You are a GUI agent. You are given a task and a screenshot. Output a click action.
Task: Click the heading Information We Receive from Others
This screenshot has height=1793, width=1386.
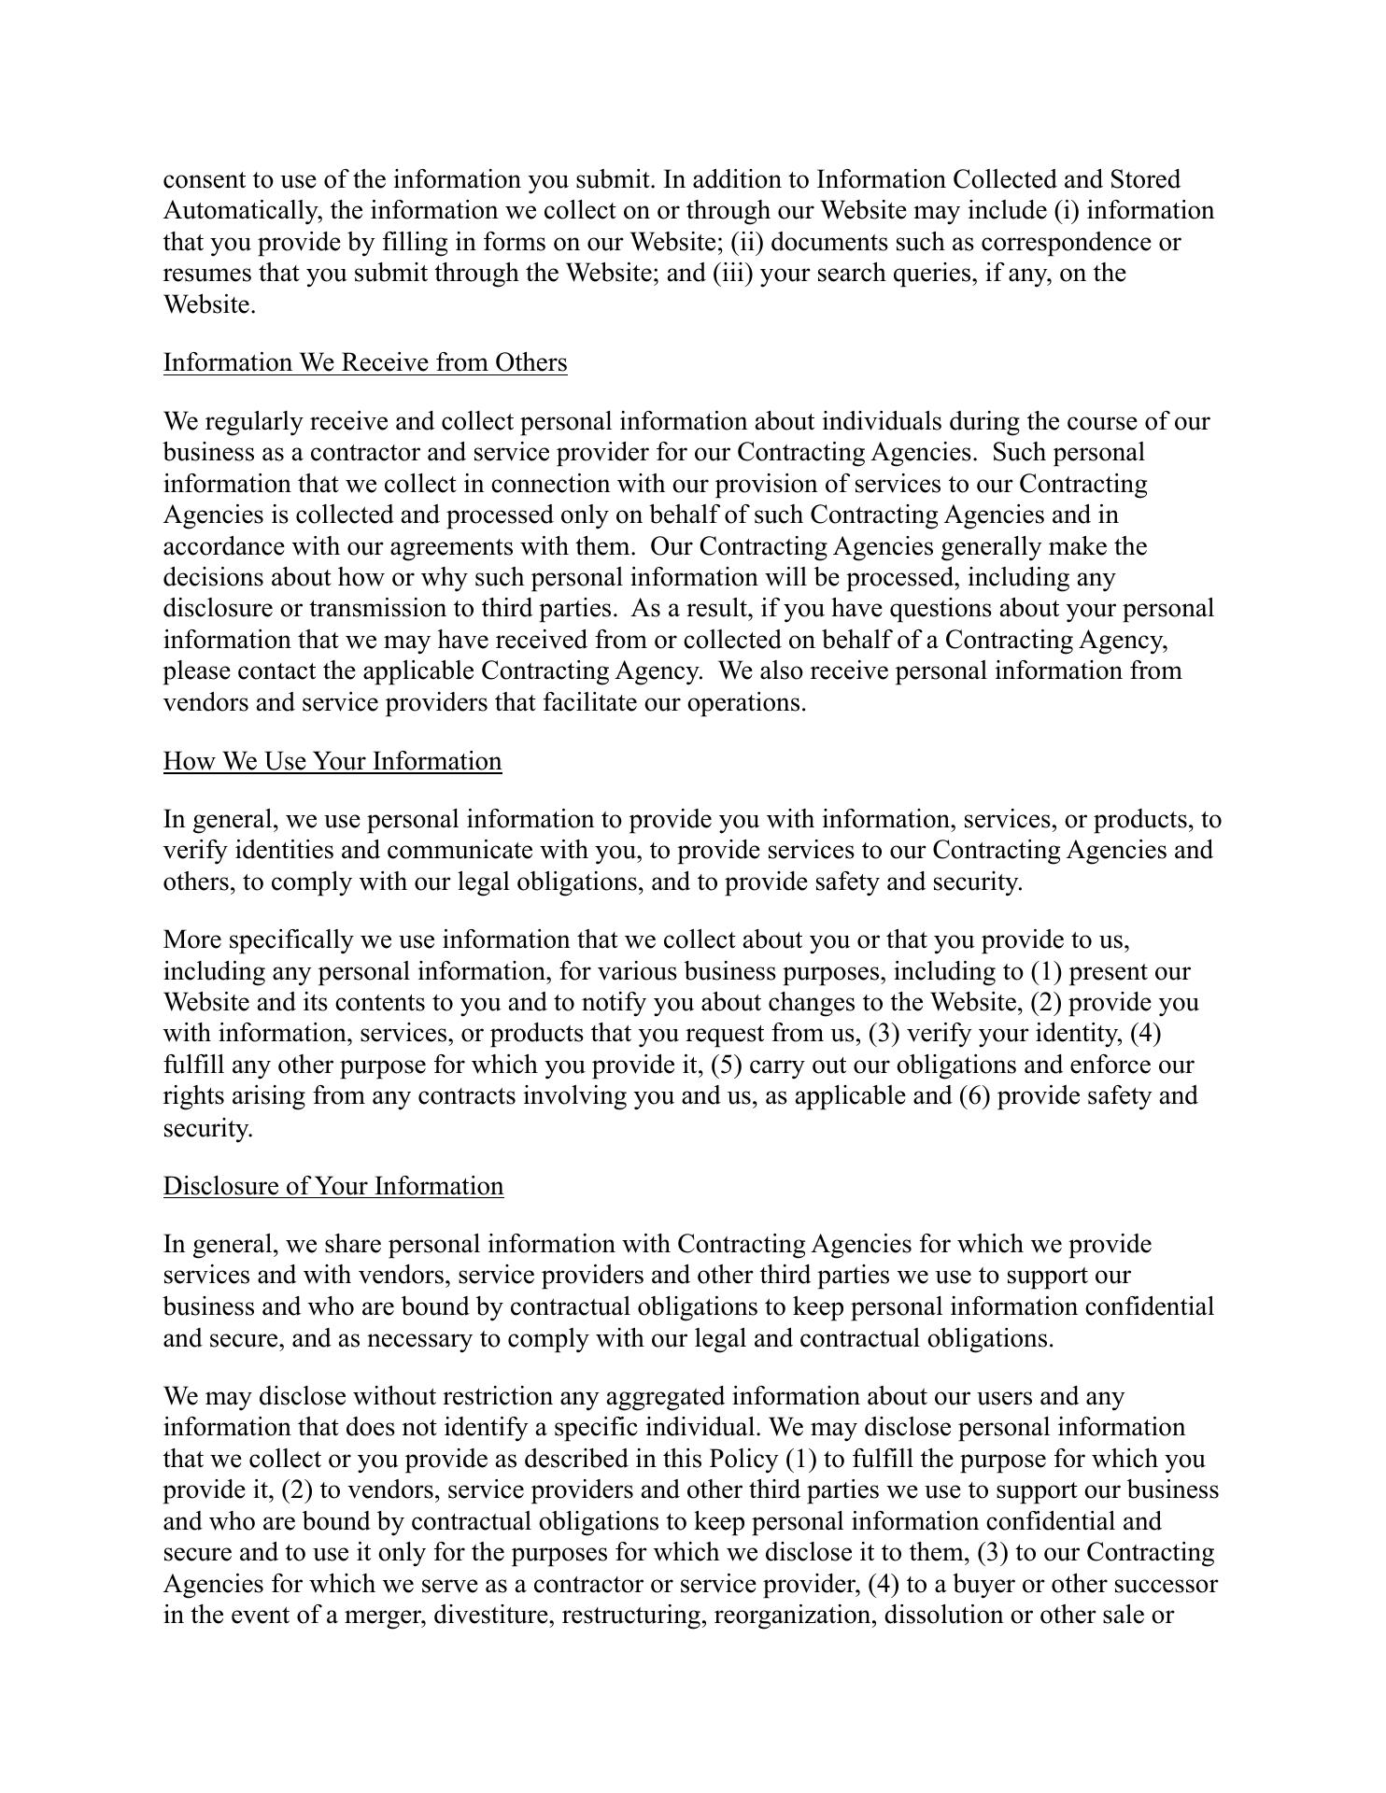pos(365,362)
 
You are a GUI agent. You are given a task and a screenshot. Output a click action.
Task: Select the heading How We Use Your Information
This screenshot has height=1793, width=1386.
pos(332,761)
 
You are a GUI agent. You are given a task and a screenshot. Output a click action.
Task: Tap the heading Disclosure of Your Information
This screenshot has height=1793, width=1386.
pos(333,1186)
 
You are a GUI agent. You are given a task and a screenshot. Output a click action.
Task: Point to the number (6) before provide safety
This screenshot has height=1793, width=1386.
pos(975,1096)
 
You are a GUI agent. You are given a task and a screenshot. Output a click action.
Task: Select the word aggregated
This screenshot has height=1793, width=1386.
pos(665,1397)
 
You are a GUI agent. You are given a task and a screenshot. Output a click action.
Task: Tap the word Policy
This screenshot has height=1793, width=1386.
pos(743,1460)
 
